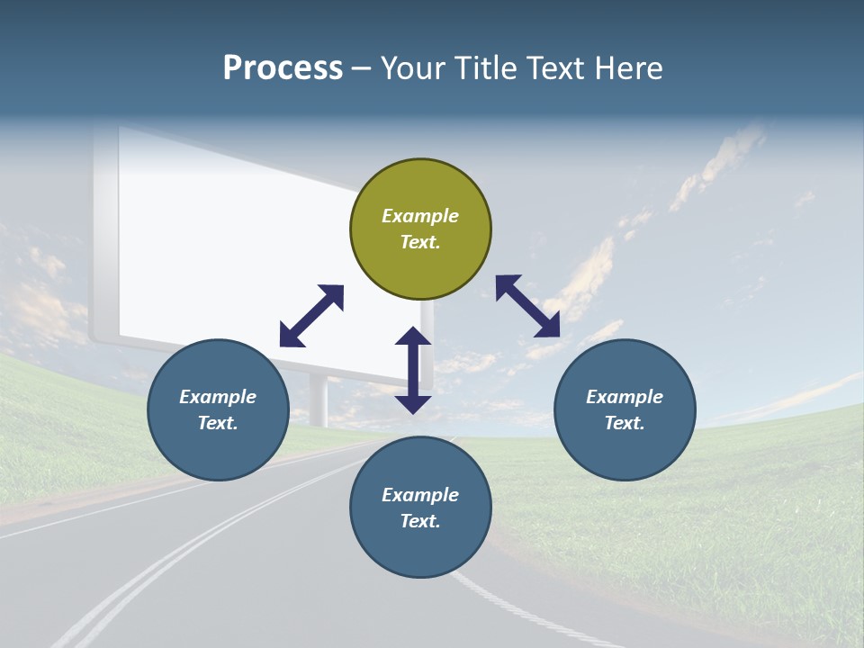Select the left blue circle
tap(218, 409)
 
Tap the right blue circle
tap(625, 409)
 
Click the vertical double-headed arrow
tap(413, 370)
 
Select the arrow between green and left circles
tap(311, 316)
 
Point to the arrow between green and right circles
tap(528, 306)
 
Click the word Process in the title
tap(283, 68)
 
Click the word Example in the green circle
tap(420, 216)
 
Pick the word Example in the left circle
tap(218, 397)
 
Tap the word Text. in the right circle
tap(625, 423)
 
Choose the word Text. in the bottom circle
tap(420, 521)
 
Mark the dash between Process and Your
tap(361, 69)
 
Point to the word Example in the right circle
tap(625, 397)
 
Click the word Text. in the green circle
tap(420, 242)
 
